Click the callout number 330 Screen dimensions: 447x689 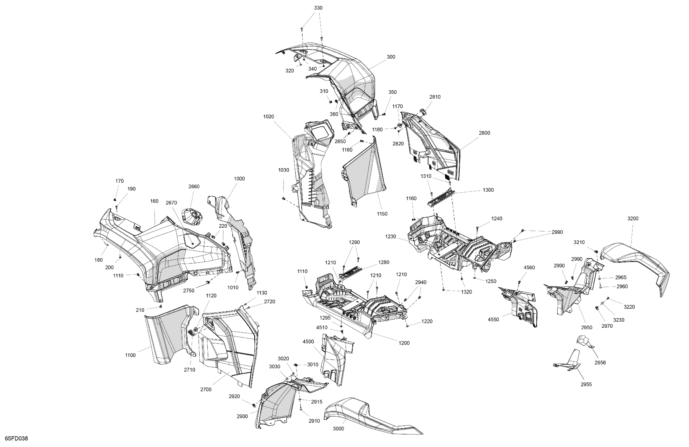[318, 8]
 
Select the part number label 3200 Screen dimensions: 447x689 [633, 219]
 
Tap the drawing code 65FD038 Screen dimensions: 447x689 [16, 438]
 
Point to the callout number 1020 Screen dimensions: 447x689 [268, 116]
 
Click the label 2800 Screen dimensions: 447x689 [484, 133]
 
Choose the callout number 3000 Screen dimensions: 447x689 [338, 428]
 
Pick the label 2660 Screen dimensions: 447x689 [194, 187]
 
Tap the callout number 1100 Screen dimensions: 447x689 [130, 355]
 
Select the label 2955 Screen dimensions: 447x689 [586, 384]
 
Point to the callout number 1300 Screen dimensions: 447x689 [488, 190]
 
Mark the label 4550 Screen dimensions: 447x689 [493, 319]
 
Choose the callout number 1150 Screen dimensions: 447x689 [382, 214]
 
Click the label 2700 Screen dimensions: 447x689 [206, 389]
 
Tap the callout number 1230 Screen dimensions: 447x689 [390, 237]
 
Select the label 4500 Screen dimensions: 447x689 [308, 342]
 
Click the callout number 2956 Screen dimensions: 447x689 [600, 362]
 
